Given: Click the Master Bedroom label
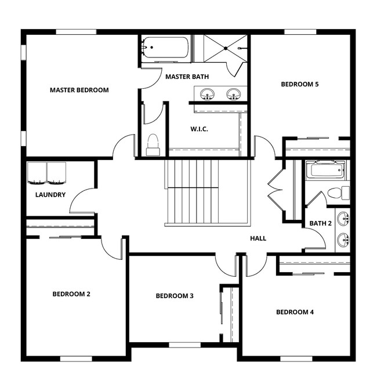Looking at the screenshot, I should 79,90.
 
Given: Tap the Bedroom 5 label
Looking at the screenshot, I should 300,84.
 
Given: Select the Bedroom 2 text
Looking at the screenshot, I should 71,294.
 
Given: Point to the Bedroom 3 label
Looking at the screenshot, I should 175,296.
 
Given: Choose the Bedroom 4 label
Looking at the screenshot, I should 295,312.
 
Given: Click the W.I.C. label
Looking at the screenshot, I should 199,129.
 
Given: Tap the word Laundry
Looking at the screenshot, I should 50,195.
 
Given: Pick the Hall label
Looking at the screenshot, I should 258,238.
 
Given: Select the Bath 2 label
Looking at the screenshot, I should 320,223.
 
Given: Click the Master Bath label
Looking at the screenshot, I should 187,77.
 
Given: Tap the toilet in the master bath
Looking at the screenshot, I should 153,145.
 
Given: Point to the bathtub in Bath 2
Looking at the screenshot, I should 325,170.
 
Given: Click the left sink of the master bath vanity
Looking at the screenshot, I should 206,93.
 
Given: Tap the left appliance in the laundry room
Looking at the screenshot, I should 37,172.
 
